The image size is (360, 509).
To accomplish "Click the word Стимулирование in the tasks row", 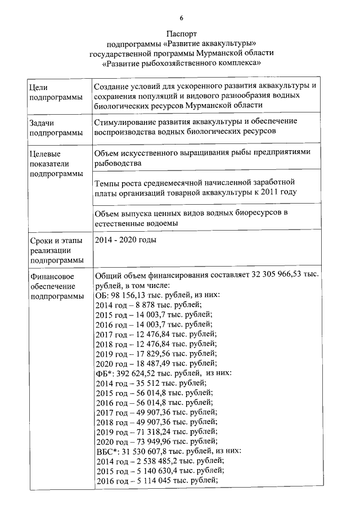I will coord(124,121).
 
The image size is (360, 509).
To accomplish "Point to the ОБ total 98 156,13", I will coord(125,295).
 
